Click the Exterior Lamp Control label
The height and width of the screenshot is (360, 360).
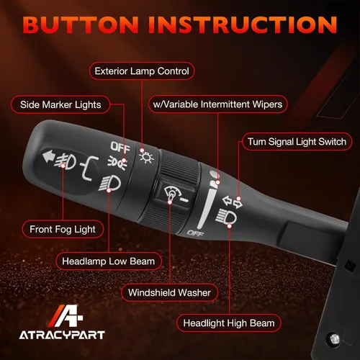pos(142,71)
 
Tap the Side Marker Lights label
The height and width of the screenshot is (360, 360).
pos(60,104)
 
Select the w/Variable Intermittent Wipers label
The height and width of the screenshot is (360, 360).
pos(217,104)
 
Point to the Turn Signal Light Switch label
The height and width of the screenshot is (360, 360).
pos(297,142)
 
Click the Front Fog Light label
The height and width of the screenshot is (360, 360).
pos(63,229)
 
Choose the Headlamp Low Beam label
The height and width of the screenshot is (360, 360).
pos(109,261)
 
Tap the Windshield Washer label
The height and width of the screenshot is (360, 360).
pos(169,292)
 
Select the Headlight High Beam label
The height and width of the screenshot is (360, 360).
pos(229,323)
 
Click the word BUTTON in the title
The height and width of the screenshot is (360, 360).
pos(81,24)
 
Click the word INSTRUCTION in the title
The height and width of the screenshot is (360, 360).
pos(243,24)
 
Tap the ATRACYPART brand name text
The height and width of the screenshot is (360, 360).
pos(62,335)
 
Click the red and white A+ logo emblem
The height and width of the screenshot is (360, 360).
pos(66,316)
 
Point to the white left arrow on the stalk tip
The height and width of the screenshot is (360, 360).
pos(48,156)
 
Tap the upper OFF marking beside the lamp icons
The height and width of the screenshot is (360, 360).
pos(120,147)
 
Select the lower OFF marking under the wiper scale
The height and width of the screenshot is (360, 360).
pos(195,233)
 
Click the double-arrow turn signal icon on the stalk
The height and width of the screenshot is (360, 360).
pos(232,202)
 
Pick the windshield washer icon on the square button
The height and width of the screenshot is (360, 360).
pos(175,194)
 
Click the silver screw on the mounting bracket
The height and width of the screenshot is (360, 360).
pos(334,339)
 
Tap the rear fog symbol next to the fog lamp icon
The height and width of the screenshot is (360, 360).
pos(89,167)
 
